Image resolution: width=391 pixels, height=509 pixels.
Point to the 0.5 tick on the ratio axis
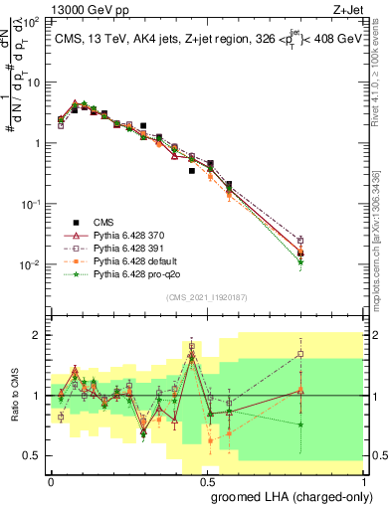32,456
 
